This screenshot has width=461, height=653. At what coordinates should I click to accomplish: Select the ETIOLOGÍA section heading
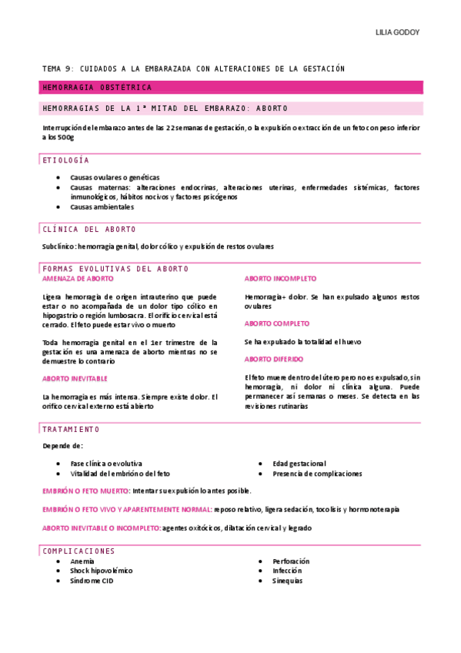pos(65,160)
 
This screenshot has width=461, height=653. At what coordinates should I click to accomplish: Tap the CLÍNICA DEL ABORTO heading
pos(89,229)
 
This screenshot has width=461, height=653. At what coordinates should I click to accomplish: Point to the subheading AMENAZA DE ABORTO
pos(78,278)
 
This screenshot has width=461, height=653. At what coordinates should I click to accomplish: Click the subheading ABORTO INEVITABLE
pos(75,378)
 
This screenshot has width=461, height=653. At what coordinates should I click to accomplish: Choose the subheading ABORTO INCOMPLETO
pos(280,278)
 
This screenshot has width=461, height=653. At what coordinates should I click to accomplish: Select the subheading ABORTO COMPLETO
pos(277,323)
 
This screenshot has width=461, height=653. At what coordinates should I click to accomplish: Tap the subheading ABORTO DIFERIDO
pos(274,359)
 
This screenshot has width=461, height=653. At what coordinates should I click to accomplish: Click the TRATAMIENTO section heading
pos(71,428)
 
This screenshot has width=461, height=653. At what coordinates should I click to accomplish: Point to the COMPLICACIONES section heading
pos(79,551)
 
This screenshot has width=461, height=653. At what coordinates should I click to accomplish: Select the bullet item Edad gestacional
pos(299,464)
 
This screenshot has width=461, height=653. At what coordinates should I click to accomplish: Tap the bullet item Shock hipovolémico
pos(101,571)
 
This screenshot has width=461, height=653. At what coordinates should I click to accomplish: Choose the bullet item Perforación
pos(291,561)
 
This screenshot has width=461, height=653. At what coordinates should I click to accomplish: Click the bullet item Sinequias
pos(287,581)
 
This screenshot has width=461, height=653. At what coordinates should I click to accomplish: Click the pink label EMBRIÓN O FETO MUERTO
pos(85,491)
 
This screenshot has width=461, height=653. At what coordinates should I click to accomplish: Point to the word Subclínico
pos(58,246)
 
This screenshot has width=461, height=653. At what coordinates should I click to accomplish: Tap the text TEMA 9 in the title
pos(55,69)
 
